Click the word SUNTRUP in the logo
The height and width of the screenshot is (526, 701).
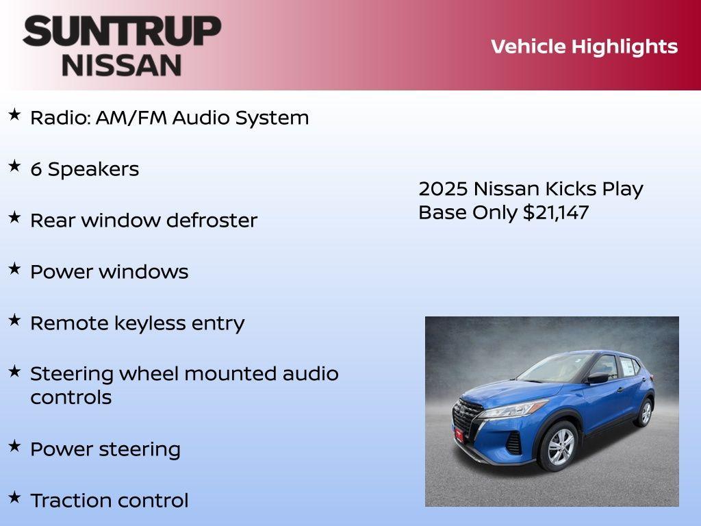tap(122, 31)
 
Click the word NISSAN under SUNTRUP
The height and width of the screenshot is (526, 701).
tap(122, 65)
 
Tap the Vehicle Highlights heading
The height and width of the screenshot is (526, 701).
tap(584, 47)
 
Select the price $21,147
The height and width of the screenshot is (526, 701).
tap(555, 212)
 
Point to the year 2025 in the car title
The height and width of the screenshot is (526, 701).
tap(442, 189)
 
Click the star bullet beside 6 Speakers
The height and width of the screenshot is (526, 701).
tap(14, 166)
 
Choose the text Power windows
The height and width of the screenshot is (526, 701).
tap(109, 272)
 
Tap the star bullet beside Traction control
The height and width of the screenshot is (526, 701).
tap(14, 497)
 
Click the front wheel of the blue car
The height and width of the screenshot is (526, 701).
tap(559, 445)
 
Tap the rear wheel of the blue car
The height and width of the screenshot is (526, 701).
tap(643, 413)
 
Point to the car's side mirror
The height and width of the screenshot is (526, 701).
tap(598, 377)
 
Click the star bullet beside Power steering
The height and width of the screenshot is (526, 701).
tap(14, 446)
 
